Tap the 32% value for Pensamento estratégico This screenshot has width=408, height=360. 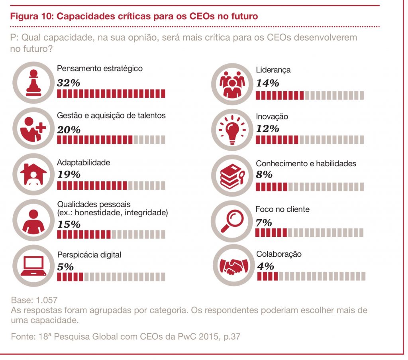69,83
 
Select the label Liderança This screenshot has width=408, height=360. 273,70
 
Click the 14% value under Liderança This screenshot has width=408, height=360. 267,83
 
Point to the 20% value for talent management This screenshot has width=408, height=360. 69,130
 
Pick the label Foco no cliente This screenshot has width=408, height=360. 282,209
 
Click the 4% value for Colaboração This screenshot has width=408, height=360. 265,266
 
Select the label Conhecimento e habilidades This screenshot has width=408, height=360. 306,163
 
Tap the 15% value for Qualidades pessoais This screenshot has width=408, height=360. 69,224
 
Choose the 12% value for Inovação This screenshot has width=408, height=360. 267,128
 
